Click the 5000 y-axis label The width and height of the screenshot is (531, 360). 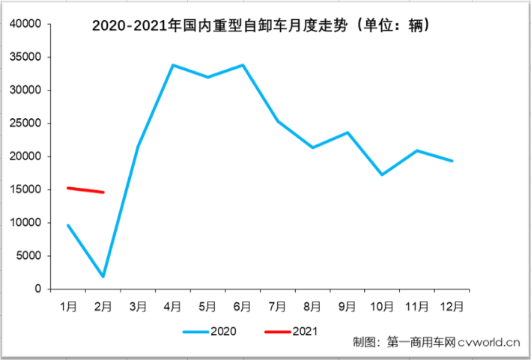[28, 256]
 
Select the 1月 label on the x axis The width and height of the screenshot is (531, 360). [68, 305]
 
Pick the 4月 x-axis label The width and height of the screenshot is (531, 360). [173, 305]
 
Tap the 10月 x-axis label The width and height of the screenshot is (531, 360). [383, 305]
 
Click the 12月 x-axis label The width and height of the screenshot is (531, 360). [452, 305]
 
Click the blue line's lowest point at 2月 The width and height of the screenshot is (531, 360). [103, 277]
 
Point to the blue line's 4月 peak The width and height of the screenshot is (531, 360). [173, 65]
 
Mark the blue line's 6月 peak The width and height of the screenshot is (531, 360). [243, 65]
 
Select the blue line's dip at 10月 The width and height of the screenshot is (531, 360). [383, 174]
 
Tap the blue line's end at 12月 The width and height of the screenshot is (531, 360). [452, 161]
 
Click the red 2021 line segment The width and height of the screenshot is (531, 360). [85, 190]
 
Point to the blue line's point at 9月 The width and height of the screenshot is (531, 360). [348, 132]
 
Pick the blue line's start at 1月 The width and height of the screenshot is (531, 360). [68, 225]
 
